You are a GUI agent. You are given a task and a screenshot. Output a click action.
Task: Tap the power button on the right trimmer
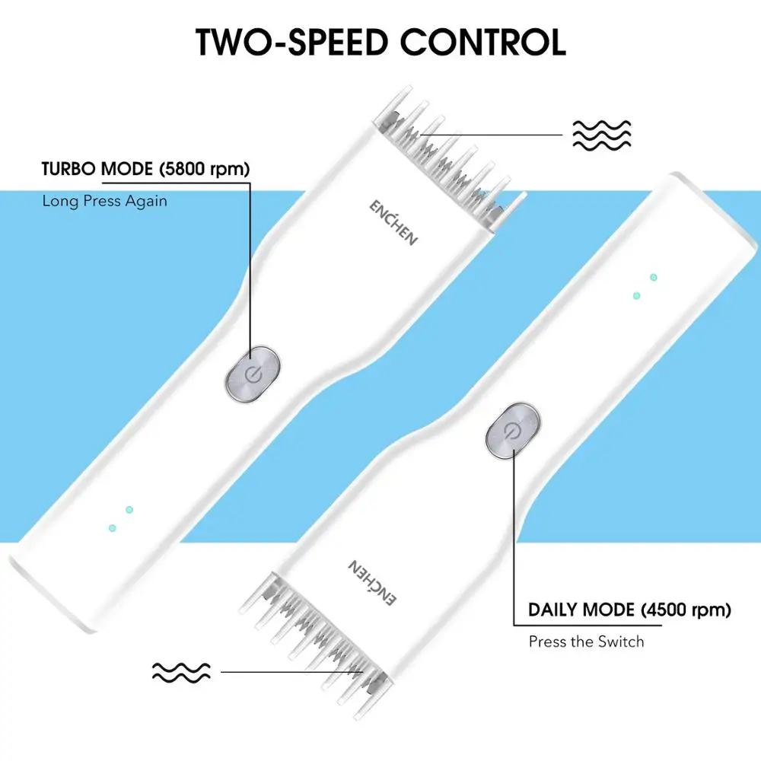click(514, 431)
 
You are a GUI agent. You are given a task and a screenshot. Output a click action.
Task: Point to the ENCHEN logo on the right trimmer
click(373, 583)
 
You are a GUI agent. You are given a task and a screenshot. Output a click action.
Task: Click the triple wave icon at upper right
click(601, 135)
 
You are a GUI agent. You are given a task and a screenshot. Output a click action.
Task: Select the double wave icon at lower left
click(181, 671)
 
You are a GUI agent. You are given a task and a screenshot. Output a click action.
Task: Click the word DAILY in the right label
click(552, 610)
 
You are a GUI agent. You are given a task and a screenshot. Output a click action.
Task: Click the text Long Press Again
click(104, 201)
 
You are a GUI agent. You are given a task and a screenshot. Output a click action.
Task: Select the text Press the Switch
click(586, 642)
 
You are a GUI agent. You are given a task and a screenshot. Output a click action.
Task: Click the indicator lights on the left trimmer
click(120, 517)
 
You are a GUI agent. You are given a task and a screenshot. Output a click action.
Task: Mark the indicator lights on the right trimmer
click(645, 286)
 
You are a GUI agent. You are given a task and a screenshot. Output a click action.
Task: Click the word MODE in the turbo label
click(129, 169)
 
